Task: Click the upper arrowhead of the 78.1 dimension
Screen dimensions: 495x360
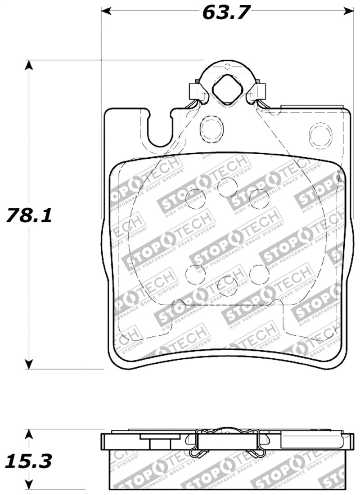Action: pyautogui.click(x=29, y=65)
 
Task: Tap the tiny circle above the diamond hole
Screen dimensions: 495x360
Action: pyautogui.click(x=227, y=67)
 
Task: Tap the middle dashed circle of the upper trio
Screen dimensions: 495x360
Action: pyautogui.click(x=227, y=186)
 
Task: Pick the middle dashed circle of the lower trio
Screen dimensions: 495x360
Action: pyautogui.click(x=226, y=285)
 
